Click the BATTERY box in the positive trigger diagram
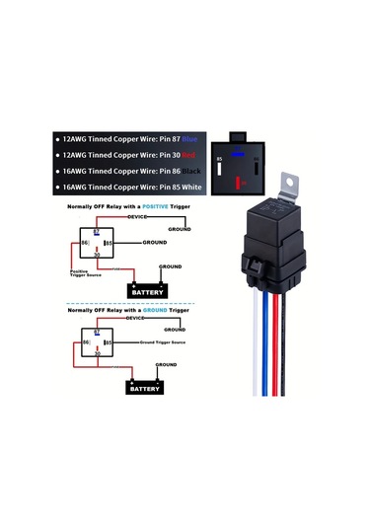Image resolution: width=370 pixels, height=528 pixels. (x=150, y=290)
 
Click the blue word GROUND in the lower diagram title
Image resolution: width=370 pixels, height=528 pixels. (x=151, y=310)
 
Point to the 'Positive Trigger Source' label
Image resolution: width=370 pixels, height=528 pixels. (x=84, y=272)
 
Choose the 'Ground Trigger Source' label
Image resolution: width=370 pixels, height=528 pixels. (x=164, y=341)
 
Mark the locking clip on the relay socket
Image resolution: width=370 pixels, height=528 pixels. (x=252, y=265)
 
